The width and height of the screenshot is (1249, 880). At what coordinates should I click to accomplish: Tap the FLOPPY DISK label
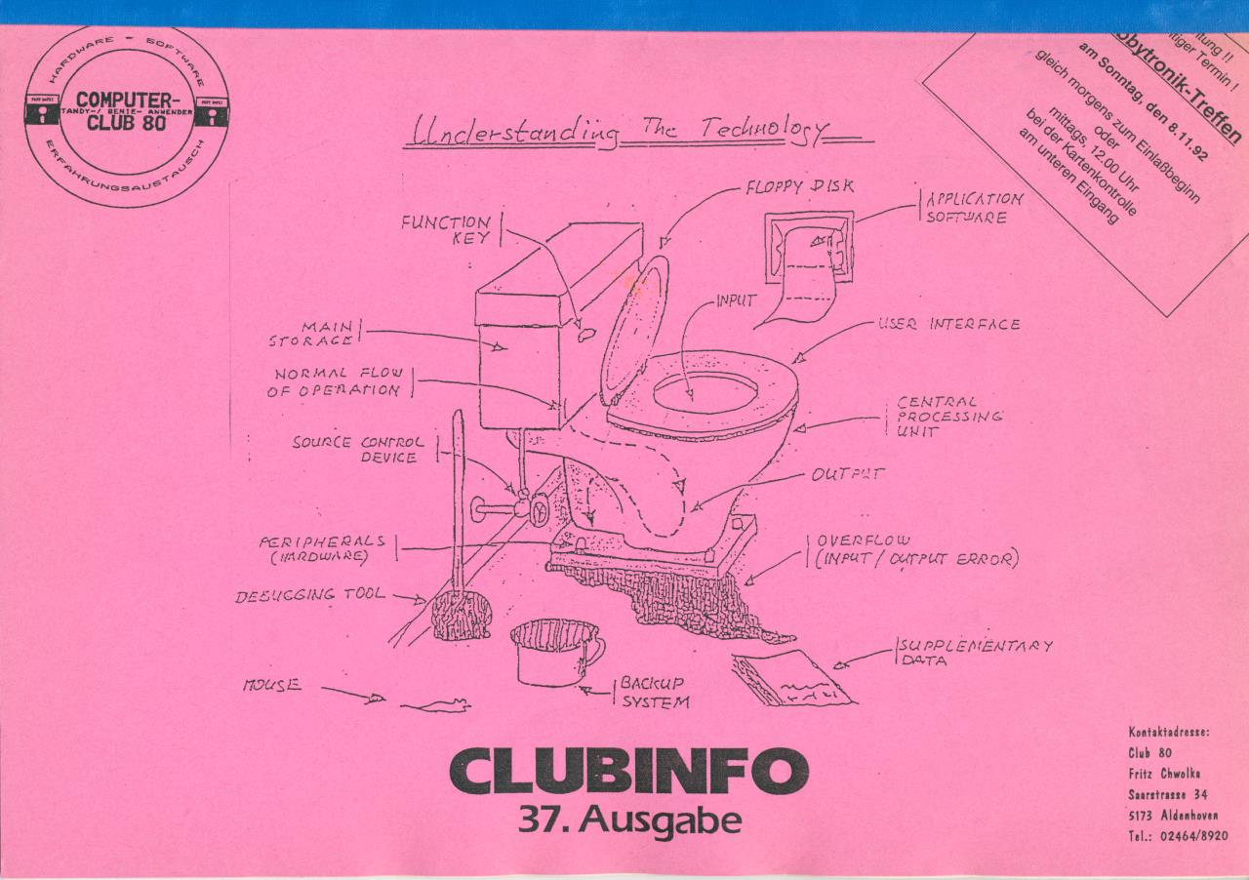point(799,187)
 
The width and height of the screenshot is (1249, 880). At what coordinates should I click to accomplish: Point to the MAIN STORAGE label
point(313,334)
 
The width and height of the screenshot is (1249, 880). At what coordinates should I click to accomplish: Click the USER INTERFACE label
point(948,324)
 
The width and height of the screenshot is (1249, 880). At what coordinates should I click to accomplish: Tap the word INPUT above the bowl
point(737,301)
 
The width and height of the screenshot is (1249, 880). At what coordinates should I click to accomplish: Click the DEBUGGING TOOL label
point(309,594)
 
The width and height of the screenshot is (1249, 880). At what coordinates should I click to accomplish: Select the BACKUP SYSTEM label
point(654,692)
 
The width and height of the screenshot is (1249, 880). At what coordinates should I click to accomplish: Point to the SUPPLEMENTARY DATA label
point(976,653)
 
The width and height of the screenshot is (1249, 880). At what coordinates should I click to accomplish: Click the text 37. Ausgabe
point(628,821)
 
